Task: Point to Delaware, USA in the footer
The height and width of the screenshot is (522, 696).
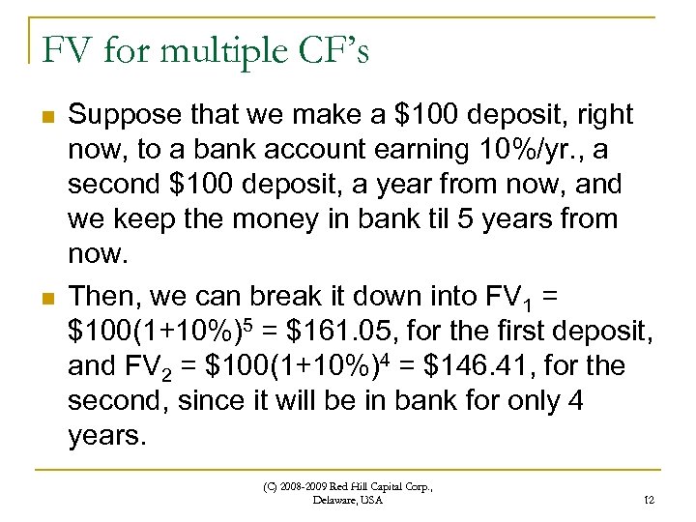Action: click(348, 501)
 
